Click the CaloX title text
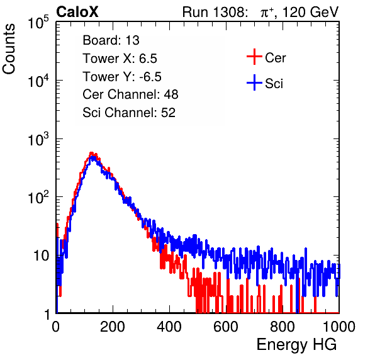click(x=77, y=12)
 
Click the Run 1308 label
click(x=215, y=12)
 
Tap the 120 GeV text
click(x=310, y=12)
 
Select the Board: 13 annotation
click(x=111, y=40)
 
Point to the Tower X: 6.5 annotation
click(x=120, y=59)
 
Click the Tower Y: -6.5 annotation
click(x=122, y=77)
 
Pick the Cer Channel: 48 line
click(x=130, y=94)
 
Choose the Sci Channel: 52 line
click(x=129, y=113)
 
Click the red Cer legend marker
click(x=254, y=57)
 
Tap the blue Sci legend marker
click(x=254, y=82)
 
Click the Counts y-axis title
click(x=9, y=49)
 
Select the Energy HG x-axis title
click(x=296, y=344)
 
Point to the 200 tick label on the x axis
click(x=113, y=327)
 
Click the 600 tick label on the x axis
click(x=226, y=327)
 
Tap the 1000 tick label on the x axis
click(x=339, y=327)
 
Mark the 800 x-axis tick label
click(x=283, y=327)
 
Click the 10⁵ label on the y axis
click(x=38, y=22)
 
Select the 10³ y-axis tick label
click(x=38, y=139)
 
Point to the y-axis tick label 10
click(x=41, y=256)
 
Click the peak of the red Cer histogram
click(x=91, y=153)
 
